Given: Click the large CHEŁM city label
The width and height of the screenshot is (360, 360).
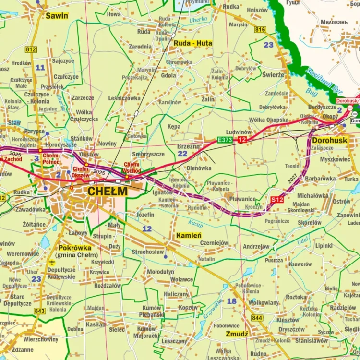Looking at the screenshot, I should click(x=108, y=191).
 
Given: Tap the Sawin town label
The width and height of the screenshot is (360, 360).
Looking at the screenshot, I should click(x=57, y=16).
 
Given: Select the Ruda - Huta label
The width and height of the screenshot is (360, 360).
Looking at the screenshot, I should click(x=192, y=43).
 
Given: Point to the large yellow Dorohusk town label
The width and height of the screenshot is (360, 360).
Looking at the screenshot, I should click(x=329, y=141).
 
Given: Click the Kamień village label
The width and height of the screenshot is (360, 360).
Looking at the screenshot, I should click(x=188, y=235).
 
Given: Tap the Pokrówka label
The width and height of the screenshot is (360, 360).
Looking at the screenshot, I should click(x=74, y=248).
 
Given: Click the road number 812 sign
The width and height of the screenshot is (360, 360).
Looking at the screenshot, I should click(x=31, y=49).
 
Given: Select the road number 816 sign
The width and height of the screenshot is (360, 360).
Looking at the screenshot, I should click(x=260, y=30).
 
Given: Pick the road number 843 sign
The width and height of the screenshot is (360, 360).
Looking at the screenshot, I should click(x=40, y=311).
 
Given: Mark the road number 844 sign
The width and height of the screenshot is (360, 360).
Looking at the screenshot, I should click(x=257, y=318).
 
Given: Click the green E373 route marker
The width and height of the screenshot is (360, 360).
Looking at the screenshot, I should click(x=225, y=140).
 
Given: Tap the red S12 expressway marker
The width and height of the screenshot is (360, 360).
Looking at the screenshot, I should click(x=277, y=199).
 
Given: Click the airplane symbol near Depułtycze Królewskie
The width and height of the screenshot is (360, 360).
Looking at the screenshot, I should click(x=52, y=263).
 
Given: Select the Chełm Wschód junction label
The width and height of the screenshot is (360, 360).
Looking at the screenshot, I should click(x=132, y=168).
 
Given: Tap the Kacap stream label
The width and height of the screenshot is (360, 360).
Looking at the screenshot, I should click(x=195, y=225).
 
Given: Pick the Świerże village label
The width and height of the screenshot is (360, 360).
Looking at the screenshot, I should click(x=273, y=74).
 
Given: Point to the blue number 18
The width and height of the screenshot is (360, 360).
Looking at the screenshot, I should click(x=232, y=301).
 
